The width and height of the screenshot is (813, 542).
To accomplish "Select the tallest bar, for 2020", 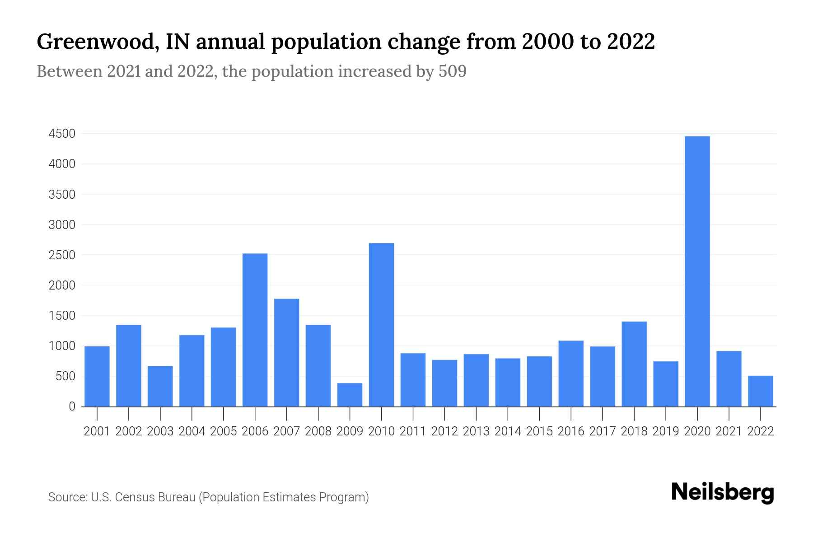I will [697, 271].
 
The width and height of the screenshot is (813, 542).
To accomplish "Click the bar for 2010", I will [381, 325].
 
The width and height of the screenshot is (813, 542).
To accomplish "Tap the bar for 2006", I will [255, 330].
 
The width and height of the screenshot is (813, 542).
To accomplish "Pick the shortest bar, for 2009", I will [350, 395].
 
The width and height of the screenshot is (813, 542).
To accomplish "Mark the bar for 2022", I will [760, 391].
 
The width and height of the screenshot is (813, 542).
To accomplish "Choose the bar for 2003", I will [160, 386].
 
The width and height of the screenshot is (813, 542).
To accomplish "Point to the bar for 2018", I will [634, 364].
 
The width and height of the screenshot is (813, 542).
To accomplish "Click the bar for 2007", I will [286, 352].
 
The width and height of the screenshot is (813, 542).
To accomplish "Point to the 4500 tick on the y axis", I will [62, 134].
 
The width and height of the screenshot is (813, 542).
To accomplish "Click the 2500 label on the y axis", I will [62, 255].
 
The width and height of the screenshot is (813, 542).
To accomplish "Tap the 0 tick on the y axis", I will [72, 406].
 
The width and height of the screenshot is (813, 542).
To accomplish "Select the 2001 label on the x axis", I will [97, 431].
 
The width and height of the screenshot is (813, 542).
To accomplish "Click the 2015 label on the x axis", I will [539, 431].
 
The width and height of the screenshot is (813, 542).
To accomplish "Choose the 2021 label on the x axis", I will [729, 431].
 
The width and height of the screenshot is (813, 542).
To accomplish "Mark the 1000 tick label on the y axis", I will [62, 346].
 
